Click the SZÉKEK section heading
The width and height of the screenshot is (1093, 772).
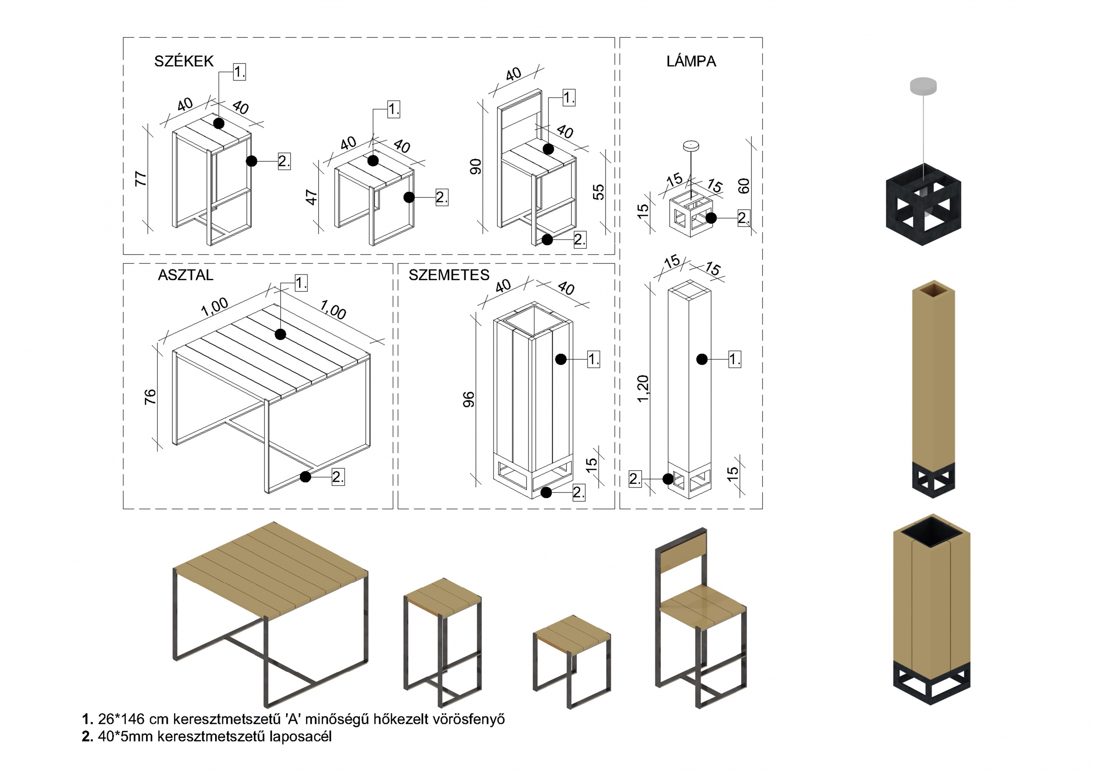click(184, 61)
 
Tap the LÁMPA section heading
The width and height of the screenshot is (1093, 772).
click(691, 61)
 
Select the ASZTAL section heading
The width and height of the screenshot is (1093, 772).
click(185, 275)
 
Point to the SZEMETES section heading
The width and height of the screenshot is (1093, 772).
click(449, 275)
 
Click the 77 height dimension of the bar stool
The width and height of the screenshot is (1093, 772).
click(141, 178)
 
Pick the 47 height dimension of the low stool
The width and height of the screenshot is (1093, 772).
click(311, 197)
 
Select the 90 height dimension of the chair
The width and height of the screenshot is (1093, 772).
click(476, 167)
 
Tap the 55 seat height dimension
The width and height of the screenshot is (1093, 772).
click(599, 191)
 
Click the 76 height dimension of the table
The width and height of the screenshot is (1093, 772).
click(150, 396)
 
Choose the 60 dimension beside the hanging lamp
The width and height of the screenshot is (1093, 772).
click(744, 186)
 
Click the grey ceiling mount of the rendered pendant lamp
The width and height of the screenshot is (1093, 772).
click(923, 85)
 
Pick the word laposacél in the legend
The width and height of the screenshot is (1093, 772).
click(300, 736)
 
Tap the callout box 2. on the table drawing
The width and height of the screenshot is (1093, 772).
click(338, 477)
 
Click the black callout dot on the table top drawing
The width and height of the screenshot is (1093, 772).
click(280, 334)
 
